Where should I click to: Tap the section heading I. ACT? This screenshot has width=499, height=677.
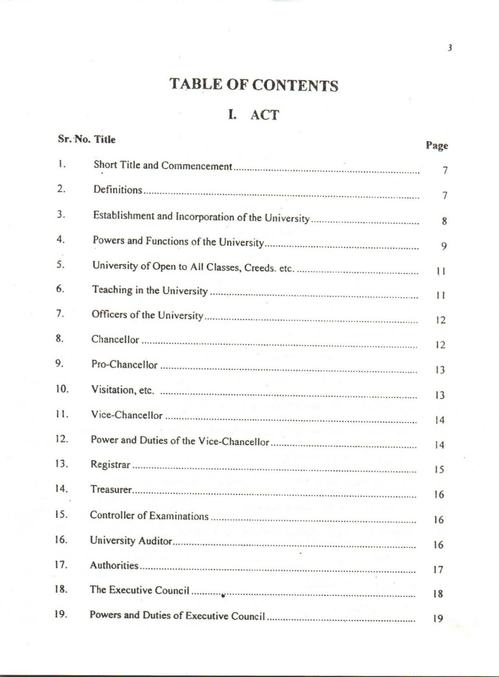tap(254, 115)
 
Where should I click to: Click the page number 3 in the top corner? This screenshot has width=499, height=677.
tap(450, 48)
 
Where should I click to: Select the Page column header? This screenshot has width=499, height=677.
tap(437, 146)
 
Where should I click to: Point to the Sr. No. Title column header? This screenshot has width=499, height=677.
tap(87, 140)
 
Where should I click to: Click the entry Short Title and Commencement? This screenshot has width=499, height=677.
tap(163, 165)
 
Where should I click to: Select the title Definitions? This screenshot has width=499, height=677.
tap(118, 190)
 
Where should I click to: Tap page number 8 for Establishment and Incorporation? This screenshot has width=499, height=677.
tap(444, 221)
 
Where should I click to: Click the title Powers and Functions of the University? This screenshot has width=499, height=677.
tap(178, 241)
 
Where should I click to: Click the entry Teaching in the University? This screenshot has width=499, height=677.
tap(150, 290)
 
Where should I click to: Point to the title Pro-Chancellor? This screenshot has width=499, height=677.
tap(124, 364)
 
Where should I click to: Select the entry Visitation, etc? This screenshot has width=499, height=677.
tap(123, 390)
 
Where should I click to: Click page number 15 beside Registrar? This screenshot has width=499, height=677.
tap(439, 470)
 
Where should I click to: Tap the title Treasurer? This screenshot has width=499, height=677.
tap(111, 489)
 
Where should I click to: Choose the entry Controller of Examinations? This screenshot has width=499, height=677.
tap(149, 516)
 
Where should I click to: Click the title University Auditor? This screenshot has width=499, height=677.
tap(131, 541)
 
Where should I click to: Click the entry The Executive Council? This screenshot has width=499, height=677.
tap(139, 590)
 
